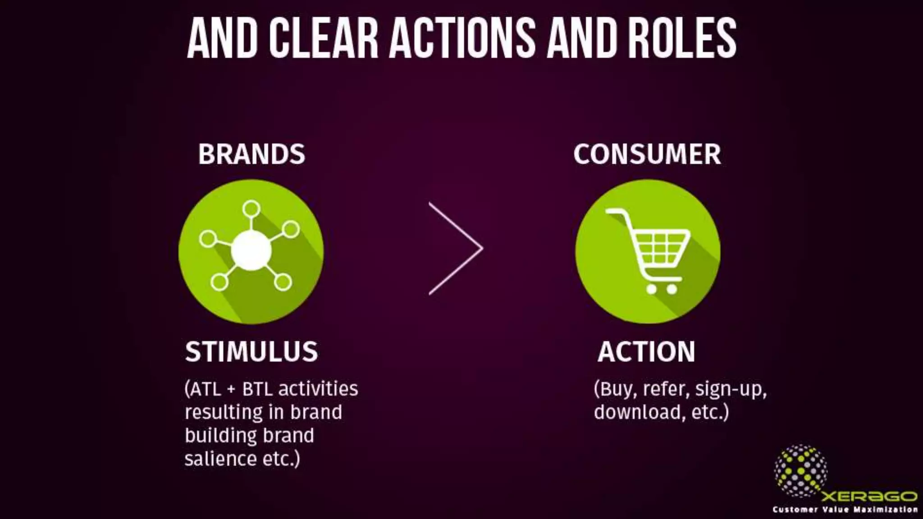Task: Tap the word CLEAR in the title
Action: tap(324, 38)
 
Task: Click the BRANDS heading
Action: tap(251, 154)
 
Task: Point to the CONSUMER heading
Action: tap(647, 154)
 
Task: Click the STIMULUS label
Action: tap(251, 351)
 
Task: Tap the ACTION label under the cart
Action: tap(646, 351)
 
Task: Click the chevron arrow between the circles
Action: tap(456, 248)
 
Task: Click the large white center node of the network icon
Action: tap(251, 250)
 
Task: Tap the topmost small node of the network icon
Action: tap(251, 209)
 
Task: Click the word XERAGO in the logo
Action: tap(869, 496)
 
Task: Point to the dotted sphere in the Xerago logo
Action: tap(800, 470)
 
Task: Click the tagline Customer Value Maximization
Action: tap(845, 510)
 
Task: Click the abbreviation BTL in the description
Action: tap(257, 389)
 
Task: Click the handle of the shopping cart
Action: tap(616, 212)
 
